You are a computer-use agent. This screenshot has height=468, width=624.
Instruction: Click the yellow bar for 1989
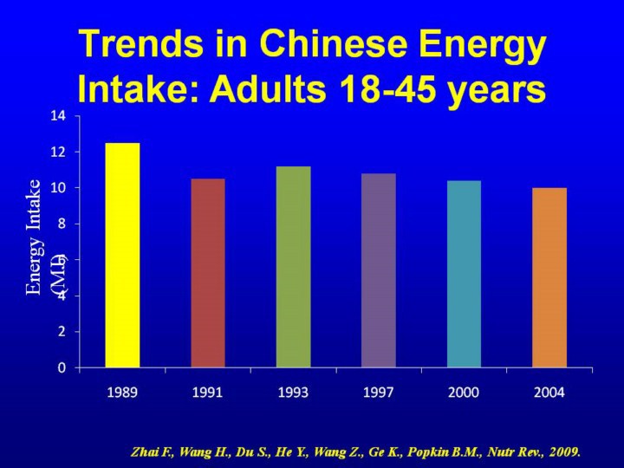pos(122,255)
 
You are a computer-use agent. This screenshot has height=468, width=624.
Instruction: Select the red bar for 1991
pos(208,273)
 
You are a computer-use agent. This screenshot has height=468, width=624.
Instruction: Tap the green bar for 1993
pos(293,267)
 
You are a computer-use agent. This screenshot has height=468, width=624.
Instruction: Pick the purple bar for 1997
pos(379,270)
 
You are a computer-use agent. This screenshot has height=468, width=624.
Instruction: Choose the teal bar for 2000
pos(464,274)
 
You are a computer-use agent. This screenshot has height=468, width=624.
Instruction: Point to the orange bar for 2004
pos(549,277)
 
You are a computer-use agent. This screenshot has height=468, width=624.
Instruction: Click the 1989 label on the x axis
pos(122,393)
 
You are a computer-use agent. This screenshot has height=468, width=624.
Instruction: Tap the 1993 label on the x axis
pos(293,393)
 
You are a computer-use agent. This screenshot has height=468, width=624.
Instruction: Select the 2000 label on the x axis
pos(464,393)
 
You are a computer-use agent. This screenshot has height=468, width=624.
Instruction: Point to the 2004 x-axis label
pos(549,393)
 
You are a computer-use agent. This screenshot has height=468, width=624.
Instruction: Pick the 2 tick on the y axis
pos(62,332)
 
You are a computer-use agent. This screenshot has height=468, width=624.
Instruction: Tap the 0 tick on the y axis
pos(62,367)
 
